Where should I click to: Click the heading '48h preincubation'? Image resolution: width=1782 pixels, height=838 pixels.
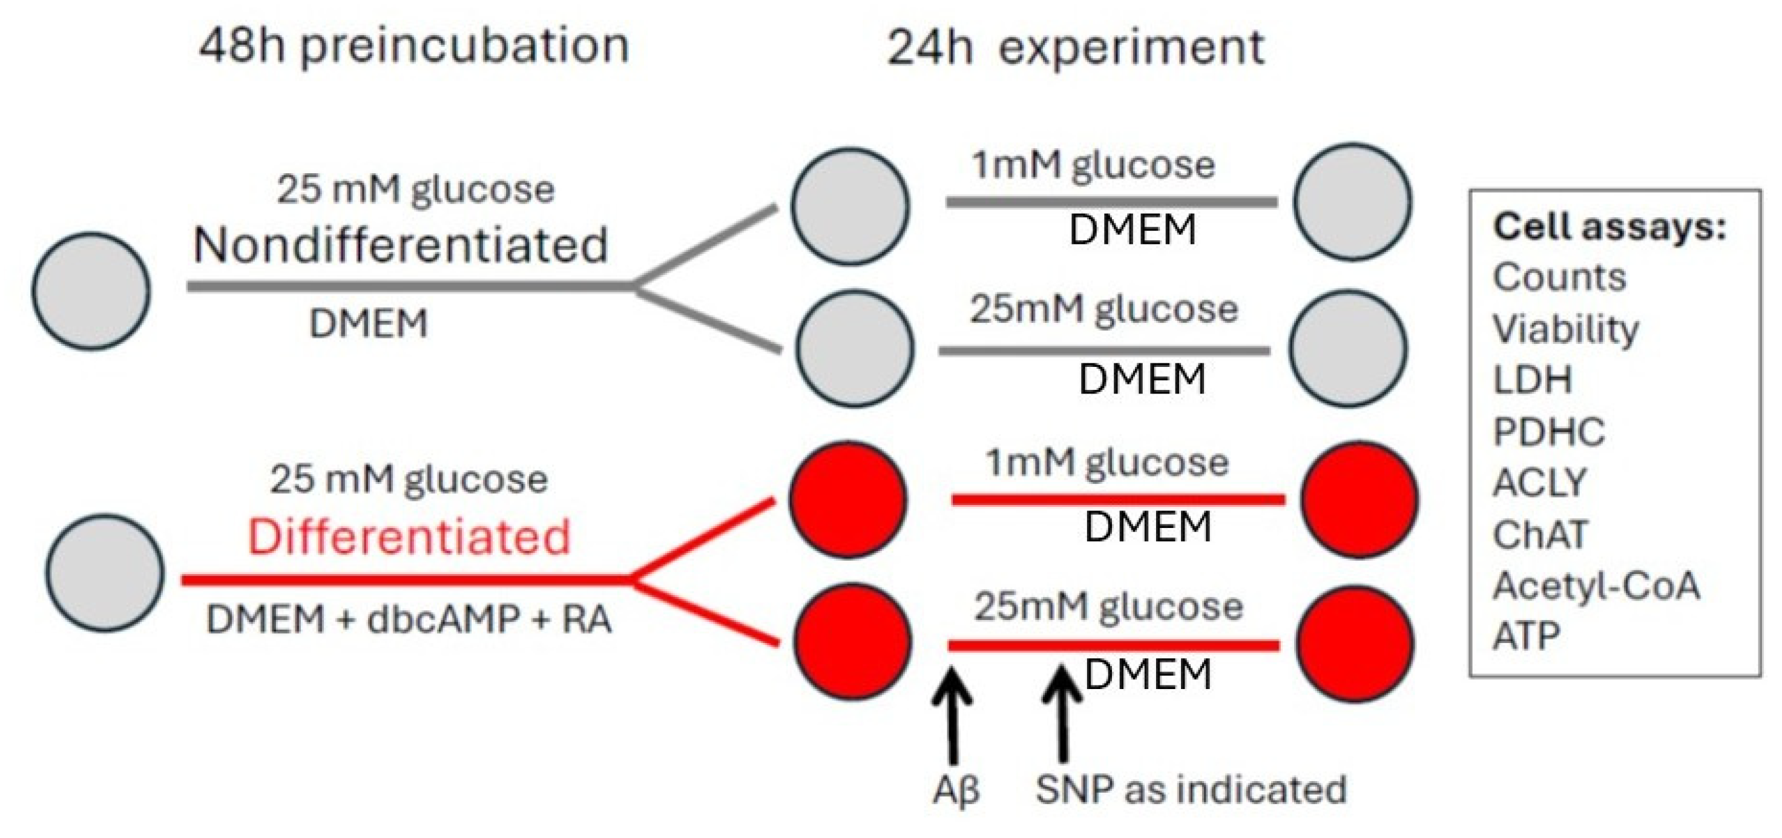coord(413,47)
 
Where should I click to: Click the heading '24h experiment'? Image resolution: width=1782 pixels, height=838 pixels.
coord(1076,48)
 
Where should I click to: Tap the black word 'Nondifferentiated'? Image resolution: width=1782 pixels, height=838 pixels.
coord(400,246)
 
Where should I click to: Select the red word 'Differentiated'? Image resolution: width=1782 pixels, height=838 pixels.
coord(409,537)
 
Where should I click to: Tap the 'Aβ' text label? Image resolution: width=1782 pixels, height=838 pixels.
coord(955,790)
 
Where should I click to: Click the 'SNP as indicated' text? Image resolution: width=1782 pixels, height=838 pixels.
coord(1191,790)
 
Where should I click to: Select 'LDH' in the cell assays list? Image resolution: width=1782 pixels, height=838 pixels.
coord(1532,380)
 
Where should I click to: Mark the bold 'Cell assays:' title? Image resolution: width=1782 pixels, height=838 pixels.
coord(1609,227)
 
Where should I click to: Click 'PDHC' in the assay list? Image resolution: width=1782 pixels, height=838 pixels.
coord(1548,432)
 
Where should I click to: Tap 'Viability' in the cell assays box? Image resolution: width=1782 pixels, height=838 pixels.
coord(1565,329)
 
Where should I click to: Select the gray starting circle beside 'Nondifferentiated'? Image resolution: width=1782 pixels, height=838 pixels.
coord(91,291)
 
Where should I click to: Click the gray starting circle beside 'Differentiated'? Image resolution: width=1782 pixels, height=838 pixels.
coord(105,572)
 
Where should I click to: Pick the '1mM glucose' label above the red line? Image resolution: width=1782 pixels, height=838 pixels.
coord(1107,462)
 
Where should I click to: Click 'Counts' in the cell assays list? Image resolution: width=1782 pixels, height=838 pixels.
coord(1559,277)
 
